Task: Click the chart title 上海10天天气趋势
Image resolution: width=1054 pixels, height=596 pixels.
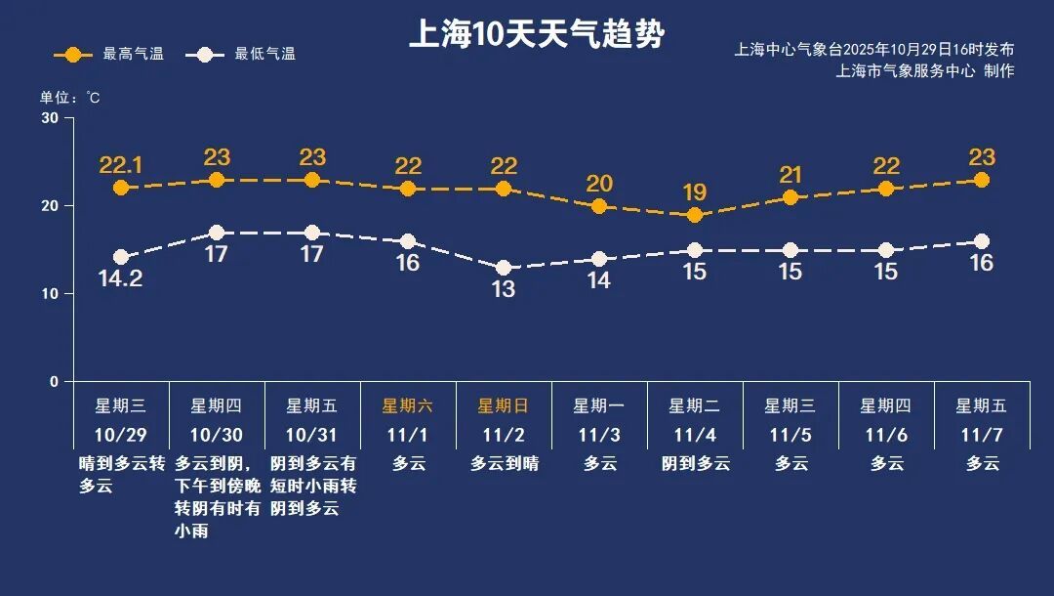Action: pyautogui.click(x=536, y=35)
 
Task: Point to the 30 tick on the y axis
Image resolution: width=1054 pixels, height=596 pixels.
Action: pyautogui.click(x=49, y=118)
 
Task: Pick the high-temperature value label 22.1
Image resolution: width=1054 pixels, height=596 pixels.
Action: pyautogui.click(x=121, y=165)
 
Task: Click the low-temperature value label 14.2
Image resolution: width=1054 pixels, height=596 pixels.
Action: pyautogui.click(x=121, y=279)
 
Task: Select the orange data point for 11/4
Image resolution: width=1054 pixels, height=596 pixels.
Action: pyautogui.click(x=695, y=215)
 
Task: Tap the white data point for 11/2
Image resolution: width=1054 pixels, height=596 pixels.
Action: pyautogui.click(x=504, y=268)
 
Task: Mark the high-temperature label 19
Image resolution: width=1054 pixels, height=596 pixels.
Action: pyautogui.click(x=695, y=192)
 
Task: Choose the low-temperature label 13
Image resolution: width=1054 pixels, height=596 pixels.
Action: pyautogui.click(x=504, y=290)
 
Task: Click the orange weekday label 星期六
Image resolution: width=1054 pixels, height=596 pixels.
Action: pyautogui.click(x=407, y=405)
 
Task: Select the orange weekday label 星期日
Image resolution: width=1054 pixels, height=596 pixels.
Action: pyautogui.click(x=503, y=405)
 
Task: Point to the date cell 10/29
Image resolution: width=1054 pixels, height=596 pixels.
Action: pyautogui.click(x=120, y=434)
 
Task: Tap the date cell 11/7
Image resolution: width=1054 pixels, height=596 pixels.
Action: pyautogui.click(x=982, y=434)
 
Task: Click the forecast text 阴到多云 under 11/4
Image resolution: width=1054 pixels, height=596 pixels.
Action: pyautogui.click(x=695, y=464)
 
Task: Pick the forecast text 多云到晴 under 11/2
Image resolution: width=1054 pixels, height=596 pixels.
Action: pyautogui.click(x=504, y=464)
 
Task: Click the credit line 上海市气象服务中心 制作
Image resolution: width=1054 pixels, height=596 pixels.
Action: pyautogui.click(x=924, y=70)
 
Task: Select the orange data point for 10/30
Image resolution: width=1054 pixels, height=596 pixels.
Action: pyautogui.click(x=217, y=180)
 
